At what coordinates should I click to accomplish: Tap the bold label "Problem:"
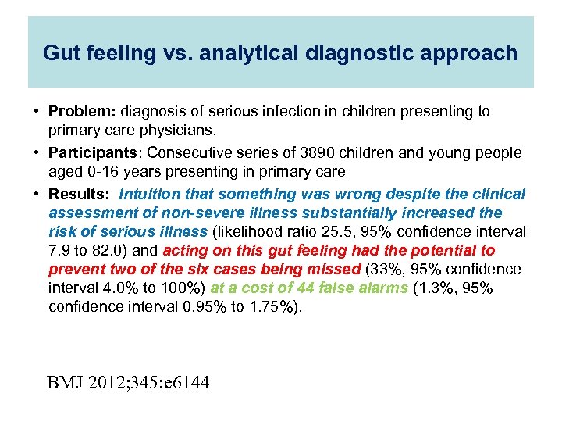point(76,112)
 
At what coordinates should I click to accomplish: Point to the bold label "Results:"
point(80,194)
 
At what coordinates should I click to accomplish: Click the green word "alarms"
point(381,288)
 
